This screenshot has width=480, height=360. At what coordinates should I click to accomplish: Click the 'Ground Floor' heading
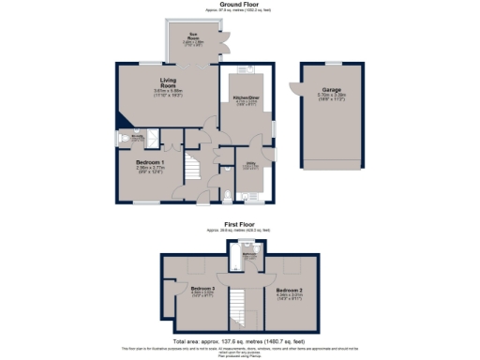point(240,4)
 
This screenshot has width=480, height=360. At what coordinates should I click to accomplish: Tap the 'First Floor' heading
point(240,225)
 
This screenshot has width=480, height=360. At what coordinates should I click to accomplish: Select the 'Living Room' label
point(170,82)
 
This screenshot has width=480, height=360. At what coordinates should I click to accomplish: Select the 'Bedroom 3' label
point(203,288)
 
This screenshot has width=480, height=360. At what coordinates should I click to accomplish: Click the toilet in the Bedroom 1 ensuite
point(122,138)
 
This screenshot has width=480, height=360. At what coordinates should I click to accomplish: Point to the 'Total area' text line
point(240,340)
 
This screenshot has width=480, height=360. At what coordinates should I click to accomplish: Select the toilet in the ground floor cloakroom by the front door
point(228,197)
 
